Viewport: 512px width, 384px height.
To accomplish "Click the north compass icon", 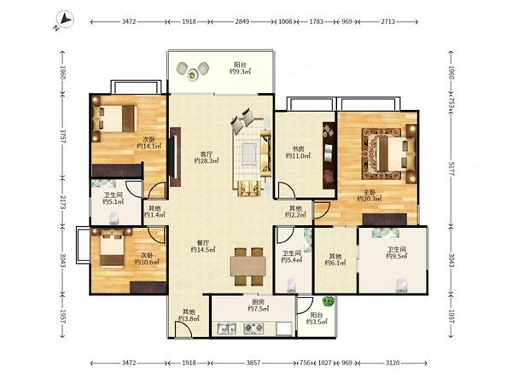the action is coord(65,20).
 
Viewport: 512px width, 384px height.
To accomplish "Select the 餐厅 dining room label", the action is coord(203,243).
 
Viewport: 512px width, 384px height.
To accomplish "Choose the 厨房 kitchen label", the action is coord(258,302).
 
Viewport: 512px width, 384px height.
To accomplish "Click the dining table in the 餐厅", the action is coord(248,266).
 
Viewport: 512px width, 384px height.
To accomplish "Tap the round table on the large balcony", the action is coord(192,73).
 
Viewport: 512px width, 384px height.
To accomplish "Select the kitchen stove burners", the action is coord(253,329).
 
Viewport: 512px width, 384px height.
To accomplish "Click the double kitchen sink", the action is coord(227,329).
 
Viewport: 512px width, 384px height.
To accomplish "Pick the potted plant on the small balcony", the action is coord(329,300).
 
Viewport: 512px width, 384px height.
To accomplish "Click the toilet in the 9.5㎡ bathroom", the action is coord(401,285).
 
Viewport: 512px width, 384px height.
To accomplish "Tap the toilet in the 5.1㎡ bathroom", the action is coord(113,218).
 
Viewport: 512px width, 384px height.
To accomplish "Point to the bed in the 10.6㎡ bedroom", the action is coord(112,247).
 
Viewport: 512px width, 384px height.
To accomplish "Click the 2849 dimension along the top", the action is coord(242,21).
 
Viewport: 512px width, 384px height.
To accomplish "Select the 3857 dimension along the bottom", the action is coord(253,363).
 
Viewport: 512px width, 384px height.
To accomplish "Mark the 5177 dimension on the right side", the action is coord(451,168).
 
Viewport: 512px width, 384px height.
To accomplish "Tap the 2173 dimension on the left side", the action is coord(62,202).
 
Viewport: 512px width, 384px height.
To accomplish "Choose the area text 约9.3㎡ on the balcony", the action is coord(240,71).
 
